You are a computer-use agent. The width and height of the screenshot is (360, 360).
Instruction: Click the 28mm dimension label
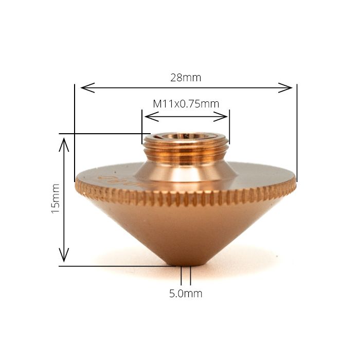[x=186, y=78]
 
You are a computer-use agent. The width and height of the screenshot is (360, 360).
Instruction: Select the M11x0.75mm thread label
[x=186, y=103]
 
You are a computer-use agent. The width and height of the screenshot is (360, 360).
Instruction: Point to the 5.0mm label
[x=186, y=294]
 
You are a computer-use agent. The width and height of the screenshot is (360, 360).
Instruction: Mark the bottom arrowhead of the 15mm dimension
[x=64, y=257]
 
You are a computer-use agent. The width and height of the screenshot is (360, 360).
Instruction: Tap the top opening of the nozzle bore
[x=186, y=137]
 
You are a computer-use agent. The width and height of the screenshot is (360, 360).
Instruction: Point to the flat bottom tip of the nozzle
[x=186, y=264]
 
